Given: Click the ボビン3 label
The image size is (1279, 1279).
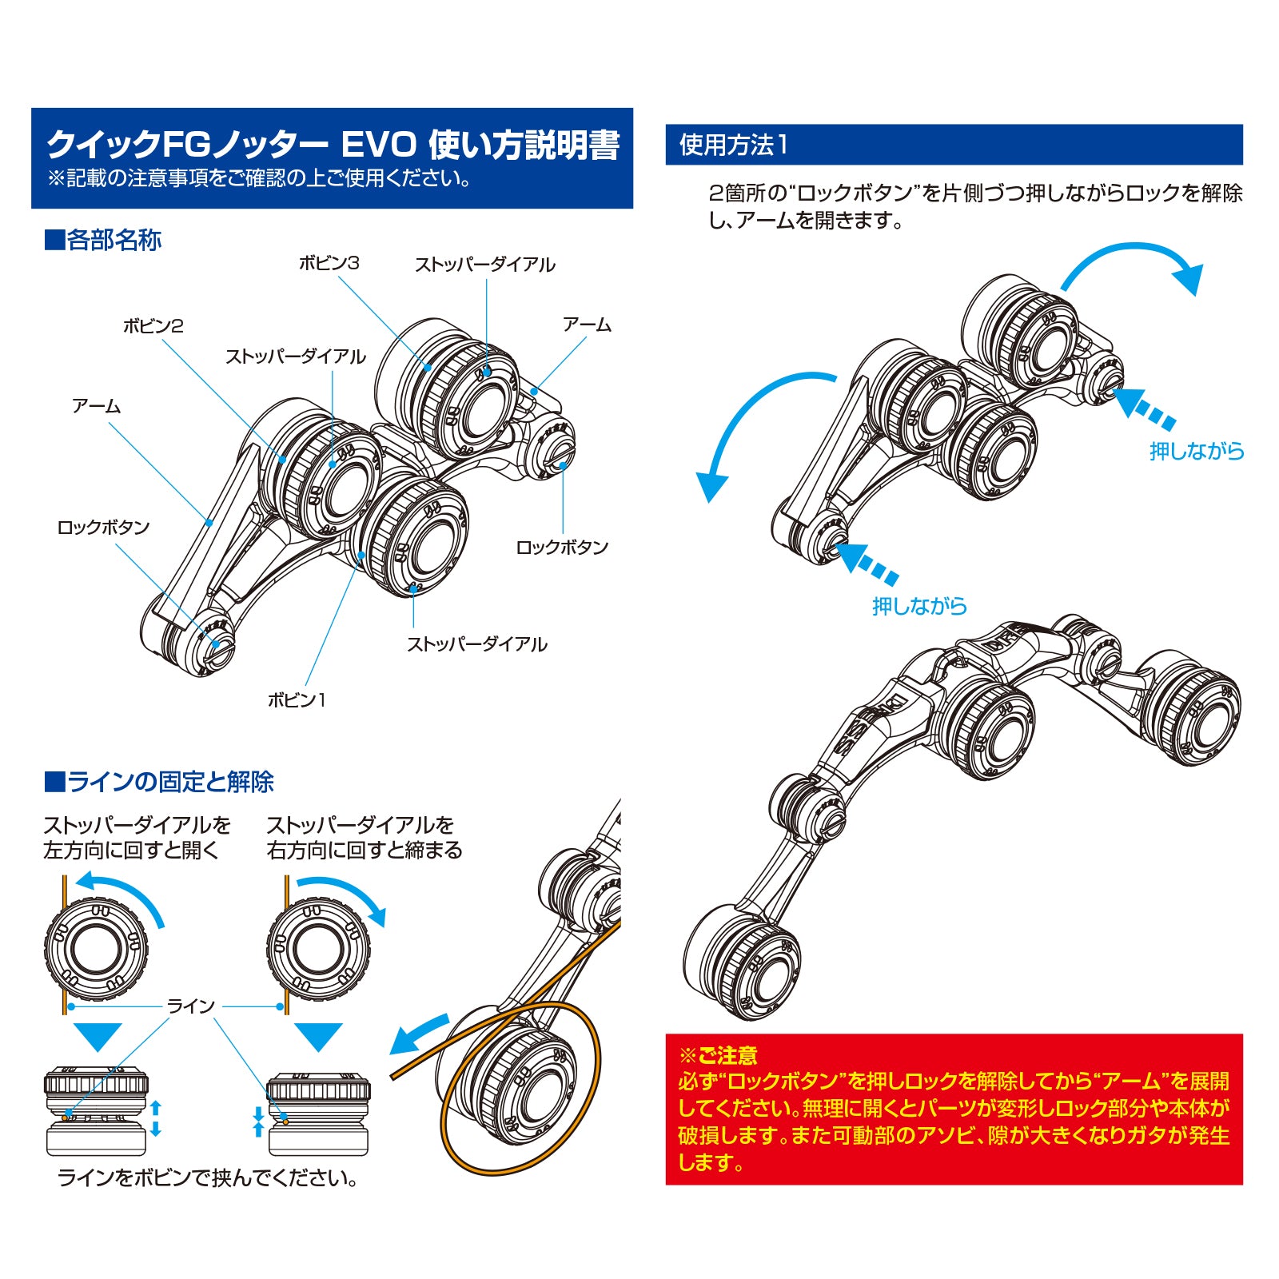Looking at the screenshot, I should pyautogui.click(x=329, y=263).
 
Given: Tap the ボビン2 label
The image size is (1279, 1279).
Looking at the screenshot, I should pyautogui.click(x=153, y=326).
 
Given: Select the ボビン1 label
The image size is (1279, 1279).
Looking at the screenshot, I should pyautogui.click(x=297, y=700).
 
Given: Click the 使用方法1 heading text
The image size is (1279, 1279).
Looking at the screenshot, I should pyautogui.click(x=733, y=145).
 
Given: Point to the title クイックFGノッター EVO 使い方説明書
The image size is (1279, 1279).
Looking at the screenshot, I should pyautogui.click(x=333, y=145).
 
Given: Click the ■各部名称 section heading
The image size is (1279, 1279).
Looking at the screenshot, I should pyautogui.click(x=103, y=240).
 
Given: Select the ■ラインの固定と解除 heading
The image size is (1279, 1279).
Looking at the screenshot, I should pyautogui.click(x=159, y=781).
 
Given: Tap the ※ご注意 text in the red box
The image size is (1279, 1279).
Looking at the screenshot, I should pyautogui.click(x=718, y=1056).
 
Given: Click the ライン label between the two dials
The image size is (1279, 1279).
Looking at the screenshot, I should pyautogui.click(x=191, y=1006).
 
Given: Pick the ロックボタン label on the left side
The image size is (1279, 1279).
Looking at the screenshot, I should pyautogui.click(x=103, y=528).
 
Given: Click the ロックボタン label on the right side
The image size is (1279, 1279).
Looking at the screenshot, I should pyautogui.click(x=562, y=548).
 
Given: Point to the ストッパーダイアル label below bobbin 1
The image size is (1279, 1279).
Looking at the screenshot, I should pyautogui.click(x=476, y=644).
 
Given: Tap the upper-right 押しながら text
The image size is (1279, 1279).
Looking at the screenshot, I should pyautogui.click(x=1197, y=452).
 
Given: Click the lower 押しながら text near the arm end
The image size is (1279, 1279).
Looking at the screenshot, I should pyautogui.click(x=919, y=606).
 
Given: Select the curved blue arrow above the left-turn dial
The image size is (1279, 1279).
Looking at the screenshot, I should pyautogui.click(x=120, y=894).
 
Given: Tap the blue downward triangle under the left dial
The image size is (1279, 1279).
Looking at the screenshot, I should pyautogui.click(x=97, y=1036).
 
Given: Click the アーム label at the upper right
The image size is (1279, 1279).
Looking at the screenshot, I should pyautogui.click(x=587, y=325).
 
